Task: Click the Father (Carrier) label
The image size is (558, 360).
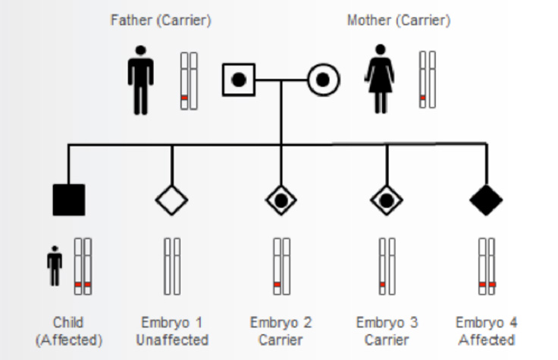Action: tap(161, 21)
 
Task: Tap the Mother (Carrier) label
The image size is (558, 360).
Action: tap(398, 21)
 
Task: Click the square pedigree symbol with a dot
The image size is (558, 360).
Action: tap(239, 79)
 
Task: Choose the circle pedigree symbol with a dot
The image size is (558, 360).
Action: tap(323, 79)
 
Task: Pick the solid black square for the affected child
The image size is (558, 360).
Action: tap(69, 199)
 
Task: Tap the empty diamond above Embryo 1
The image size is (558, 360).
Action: tap(172, 199)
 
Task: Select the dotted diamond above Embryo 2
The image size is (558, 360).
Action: tap(281, 199)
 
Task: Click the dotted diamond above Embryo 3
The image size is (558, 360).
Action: tap(387, 199)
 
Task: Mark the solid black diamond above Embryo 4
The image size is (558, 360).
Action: tap(486, 199)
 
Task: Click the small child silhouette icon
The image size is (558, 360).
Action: tap(54, 266)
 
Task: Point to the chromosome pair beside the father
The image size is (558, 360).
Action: tap(188, 81)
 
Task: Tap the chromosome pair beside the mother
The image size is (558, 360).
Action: tap(427, 80)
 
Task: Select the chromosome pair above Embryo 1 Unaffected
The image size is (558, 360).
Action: tap(172, 266)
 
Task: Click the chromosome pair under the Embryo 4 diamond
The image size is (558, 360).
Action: tap(487, 266)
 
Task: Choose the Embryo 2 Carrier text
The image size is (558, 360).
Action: tap(281, 331)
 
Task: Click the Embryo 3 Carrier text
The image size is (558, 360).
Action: tap(387, 331)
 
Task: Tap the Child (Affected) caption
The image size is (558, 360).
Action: tap(69, 331)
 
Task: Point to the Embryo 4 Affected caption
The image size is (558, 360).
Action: tap(486, 331)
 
